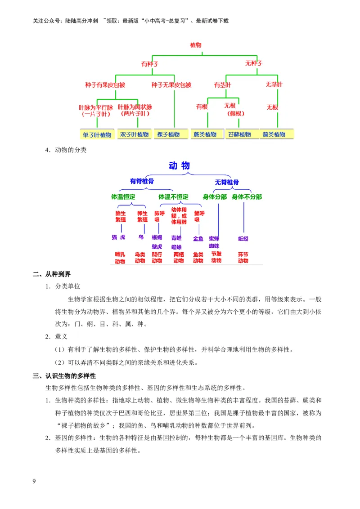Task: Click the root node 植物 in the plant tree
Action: tap(196, 45)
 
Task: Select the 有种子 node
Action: tap(150, 64)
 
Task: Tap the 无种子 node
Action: tap(253, 63)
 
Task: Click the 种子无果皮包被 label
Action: tap(171, 85)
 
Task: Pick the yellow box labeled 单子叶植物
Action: tap(97, 134)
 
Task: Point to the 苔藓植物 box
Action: tap(239, 134)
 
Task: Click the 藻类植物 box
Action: tap(274, 134)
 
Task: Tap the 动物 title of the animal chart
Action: tap(179, 166)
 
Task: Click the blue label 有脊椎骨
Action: tap(142, 181)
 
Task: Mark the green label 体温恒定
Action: tap(123, 197)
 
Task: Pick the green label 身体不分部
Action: tap(247, 197)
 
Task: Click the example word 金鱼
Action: tap(198, 238)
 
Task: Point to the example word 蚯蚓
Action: tap(243, 238)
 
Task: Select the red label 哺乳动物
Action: tap(120, 258)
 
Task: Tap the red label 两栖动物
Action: tap(179, 258)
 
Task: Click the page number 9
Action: tap(34, 482)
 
